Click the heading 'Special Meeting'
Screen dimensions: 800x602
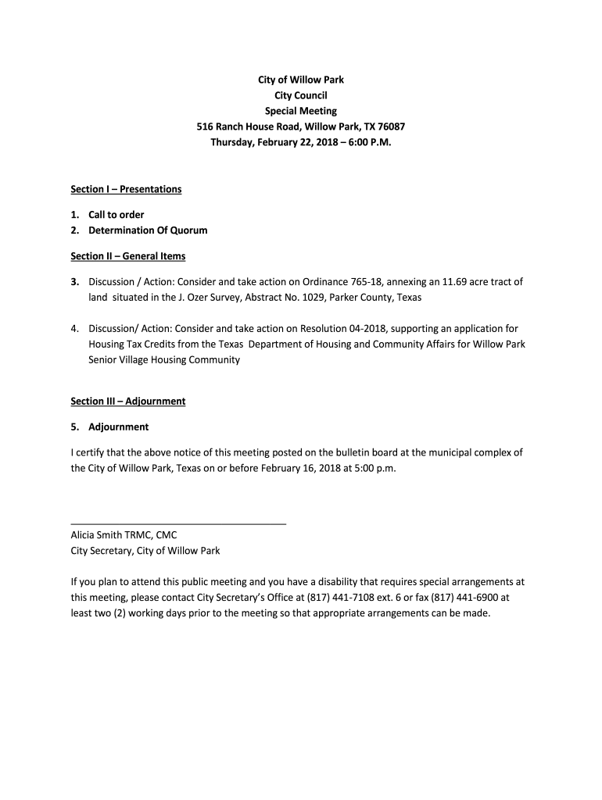[301, 111]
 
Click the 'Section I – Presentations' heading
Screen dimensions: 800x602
[126, 189]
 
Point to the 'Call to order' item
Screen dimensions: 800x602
[116, 215]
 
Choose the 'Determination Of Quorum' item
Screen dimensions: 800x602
[148, 230]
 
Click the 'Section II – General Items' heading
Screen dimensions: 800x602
[127, 256]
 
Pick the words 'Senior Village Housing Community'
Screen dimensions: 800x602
[164, 360]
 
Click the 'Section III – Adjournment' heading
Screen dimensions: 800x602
[127, 402]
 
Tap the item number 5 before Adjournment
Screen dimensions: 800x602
[74, 427]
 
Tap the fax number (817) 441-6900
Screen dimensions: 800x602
[462, 598]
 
